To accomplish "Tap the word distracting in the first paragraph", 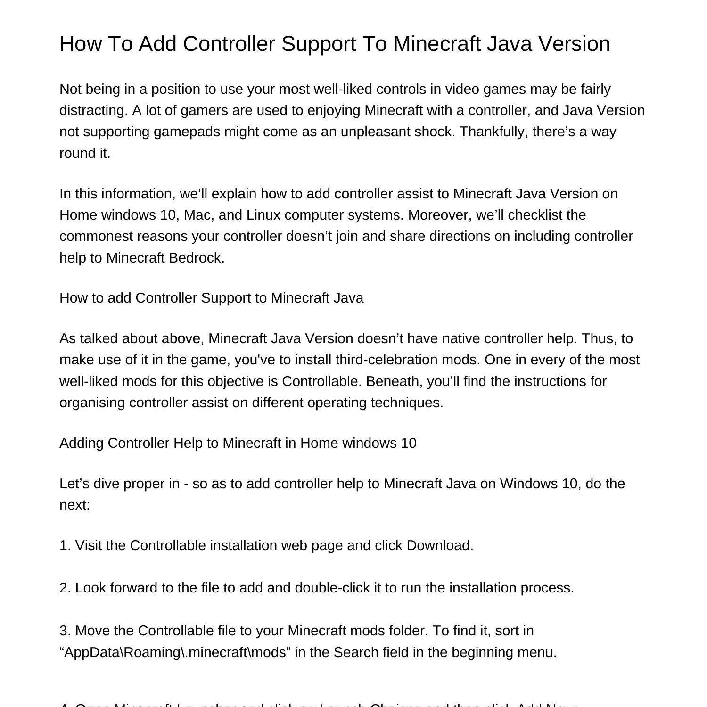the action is pos(93,110).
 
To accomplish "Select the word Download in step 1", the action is pos(439,545).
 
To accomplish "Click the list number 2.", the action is pos(65,588).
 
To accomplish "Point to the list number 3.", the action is pos(65,631).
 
